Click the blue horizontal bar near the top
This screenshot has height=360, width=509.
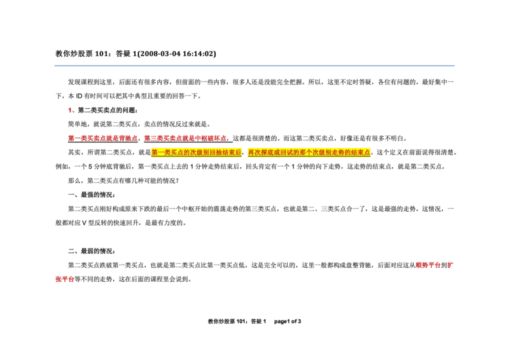(x=254, y=66)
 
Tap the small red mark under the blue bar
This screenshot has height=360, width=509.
(x=69, y=111)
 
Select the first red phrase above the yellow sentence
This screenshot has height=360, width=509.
(x=102, y=137)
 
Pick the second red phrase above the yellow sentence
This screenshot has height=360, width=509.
(x=185, y=137)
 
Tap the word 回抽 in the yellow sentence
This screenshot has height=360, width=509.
(x=217, y=153)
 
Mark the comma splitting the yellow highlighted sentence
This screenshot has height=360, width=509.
(x=244, y=154)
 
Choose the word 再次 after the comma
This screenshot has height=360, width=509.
(x=254, y=153)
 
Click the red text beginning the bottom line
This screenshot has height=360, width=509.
(x=63, y=279)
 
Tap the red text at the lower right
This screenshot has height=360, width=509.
(x=428, y=265)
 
